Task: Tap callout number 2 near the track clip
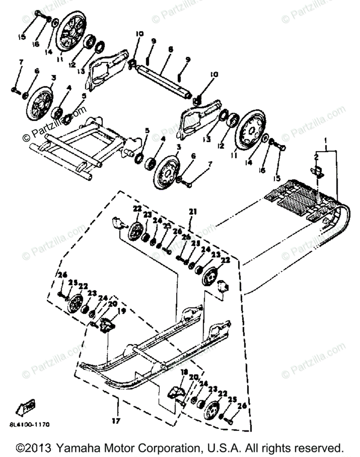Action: click(x=316, y=156)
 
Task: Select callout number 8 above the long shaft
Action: click(x=170, y=49)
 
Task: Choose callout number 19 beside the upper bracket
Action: click(x=121, y=311)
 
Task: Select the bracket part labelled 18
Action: click(x=176, y=393)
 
